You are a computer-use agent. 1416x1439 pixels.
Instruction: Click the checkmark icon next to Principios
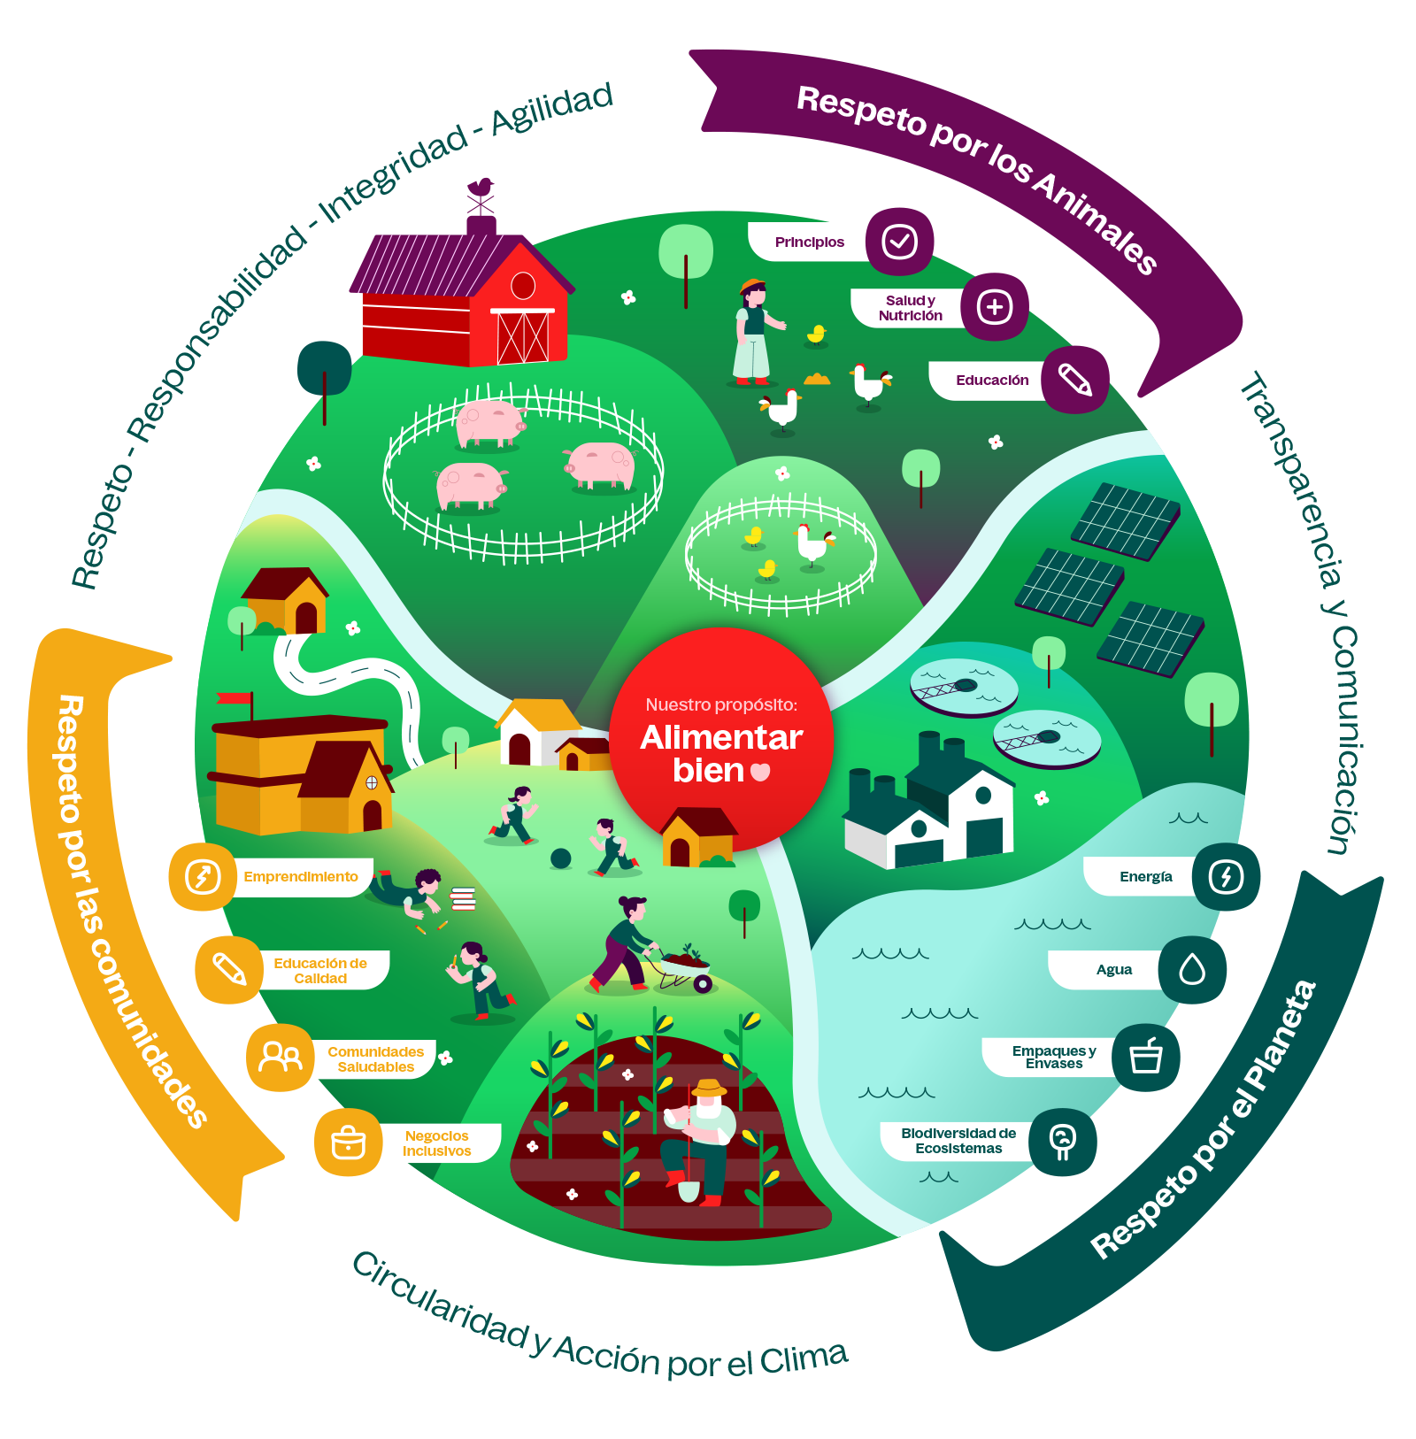pyautogui.click(x=899, y=242)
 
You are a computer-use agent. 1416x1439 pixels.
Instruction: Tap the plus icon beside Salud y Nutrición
pyautogui.click(x=994, y=307)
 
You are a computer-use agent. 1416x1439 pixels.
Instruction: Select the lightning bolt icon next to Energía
pyautogui.click(x=1226, y=877)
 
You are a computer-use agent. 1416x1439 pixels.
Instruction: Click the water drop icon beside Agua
pyautogui.click(x=1192, y=970)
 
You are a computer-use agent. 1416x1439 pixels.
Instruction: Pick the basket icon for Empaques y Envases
pyautogui.click(x=1146, y=1057)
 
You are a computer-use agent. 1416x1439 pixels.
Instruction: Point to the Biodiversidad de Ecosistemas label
pyautogui.click(x=958, y=1141)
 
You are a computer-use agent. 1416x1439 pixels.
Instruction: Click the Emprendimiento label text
pyautogui.click(x=301, y=877)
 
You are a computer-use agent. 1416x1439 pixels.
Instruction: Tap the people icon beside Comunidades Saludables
pyautogui.click(x=280, y=1058)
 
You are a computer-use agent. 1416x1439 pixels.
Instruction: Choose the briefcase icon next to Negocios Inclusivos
pyautogui.click(x=348, y=1142)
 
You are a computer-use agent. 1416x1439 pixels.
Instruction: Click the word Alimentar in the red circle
pyautogui.click(x=721, y=737)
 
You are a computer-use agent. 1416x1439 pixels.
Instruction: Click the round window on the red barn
pyautogui.click(x=523, y=285)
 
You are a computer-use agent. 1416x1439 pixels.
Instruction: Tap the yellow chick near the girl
pyautogui.click(x=817, y=335)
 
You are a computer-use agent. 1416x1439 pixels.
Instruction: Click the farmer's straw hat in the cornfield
pyautogui.click(x=709, y=1088)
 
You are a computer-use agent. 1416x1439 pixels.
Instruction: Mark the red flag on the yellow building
pyautogui.click(x=235, y=698)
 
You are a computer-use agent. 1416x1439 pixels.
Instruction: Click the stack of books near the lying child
pyautogui.click(x=463, y=898)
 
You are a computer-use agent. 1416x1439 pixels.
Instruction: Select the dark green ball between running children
pyautogui.click(x=560, y=858)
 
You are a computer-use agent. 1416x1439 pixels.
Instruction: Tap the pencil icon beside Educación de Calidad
pyautogui.click(x=229, y=970)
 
